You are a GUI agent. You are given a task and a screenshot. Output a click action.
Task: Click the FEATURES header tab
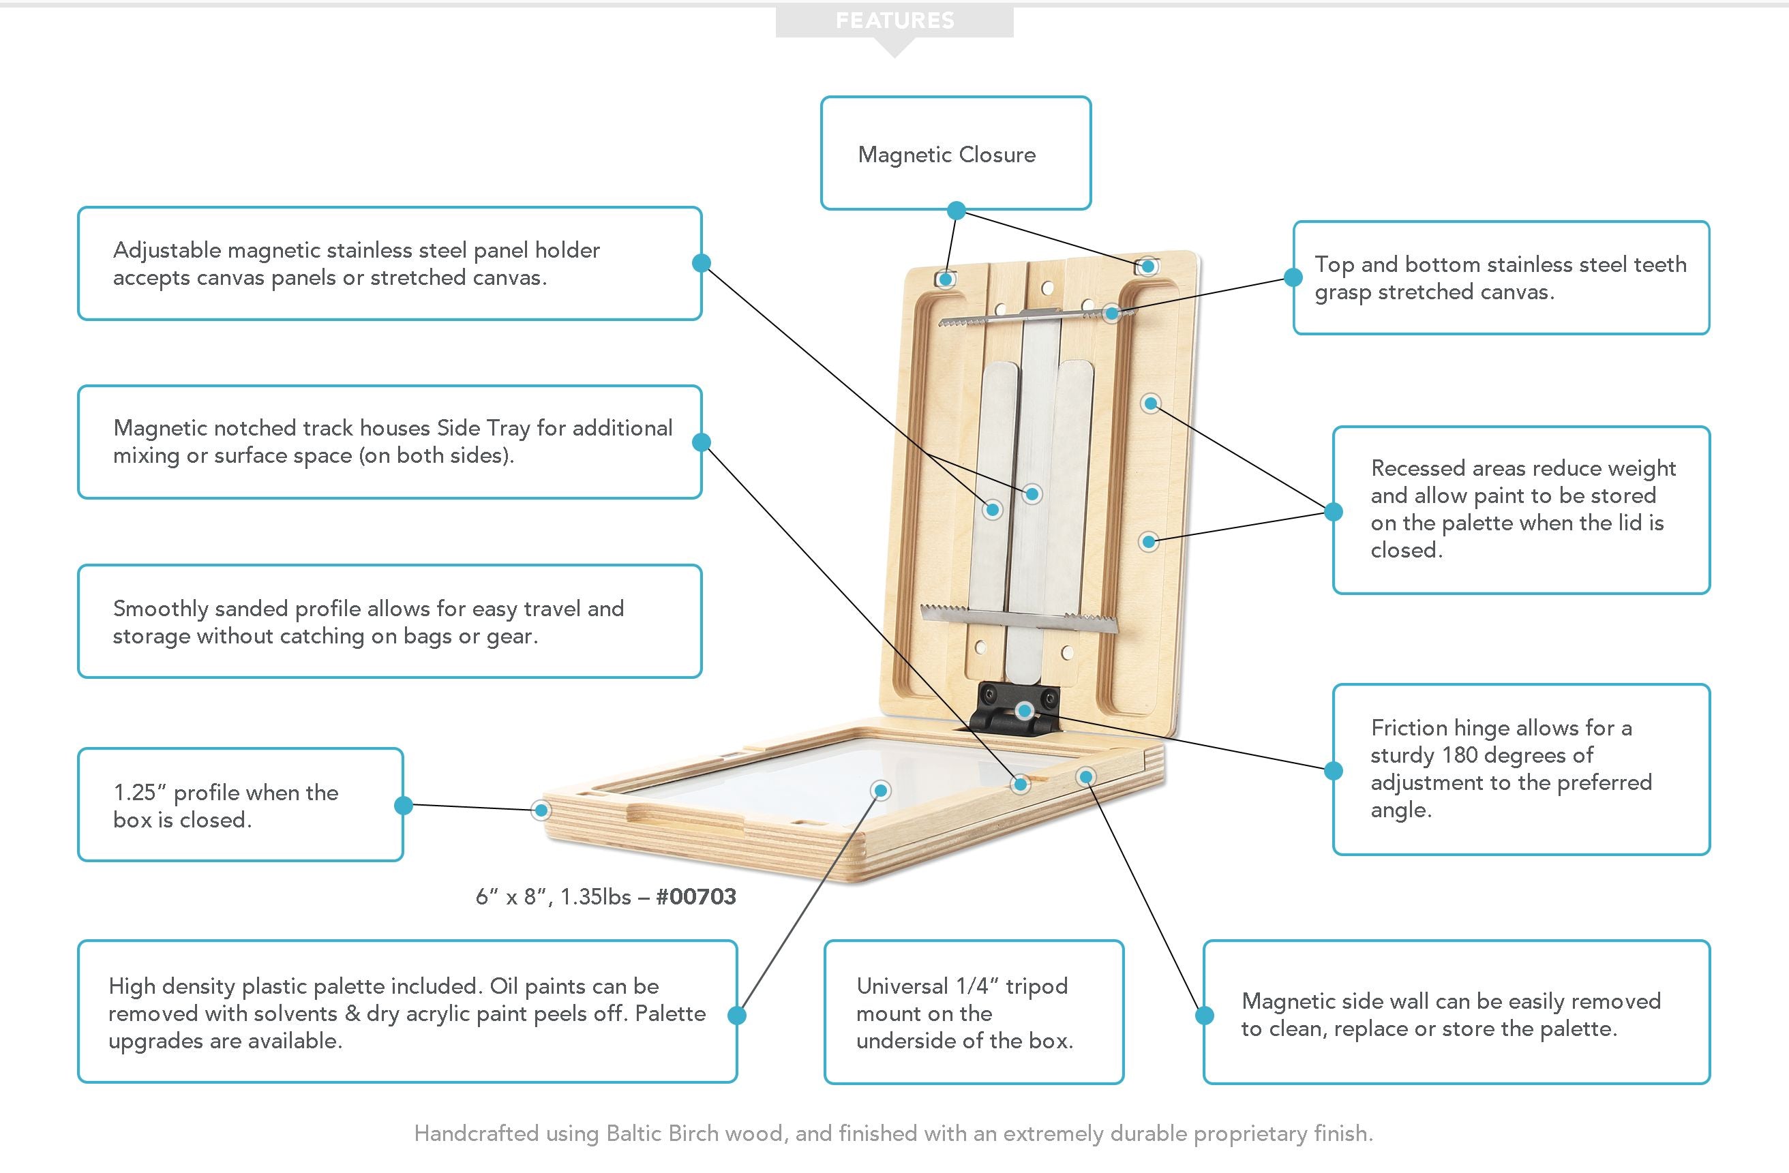coord(894,21)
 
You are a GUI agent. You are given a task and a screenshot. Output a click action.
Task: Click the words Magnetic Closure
coord(946,155)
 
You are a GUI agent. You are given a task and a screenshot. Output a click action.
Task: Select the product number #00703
coord(696,896)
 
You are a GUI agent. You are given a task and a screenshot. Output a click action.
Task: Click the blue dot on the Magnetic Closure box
coord(956,211)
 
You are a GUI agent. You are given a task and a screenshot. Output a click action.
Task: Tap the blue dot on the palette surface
coord(880,790)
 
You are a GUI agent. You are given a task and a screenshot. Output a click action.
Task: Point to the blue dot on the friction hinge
coord(1025,711)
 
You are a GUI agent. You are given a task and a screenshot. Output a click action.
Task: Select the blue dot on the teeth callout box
coord(1293,277)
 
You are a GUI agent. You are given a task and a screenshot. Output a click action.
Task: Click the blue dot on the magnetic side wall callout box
coord(1204,1016)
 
